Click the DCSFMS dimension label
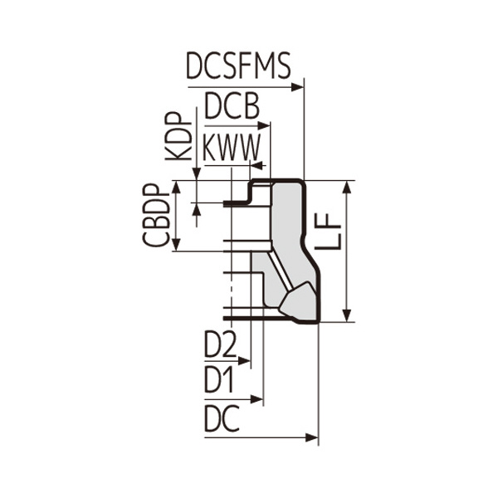pyautogui.click(x=238, y=66)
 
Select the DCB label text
pyautogui.click(x=232, y=106)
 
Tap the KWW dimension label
pyautogui.click(x=232, y=148)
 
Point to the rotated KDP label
pyautogui.click(x=178, y=136)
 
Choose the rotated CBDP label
pyautogui.click(x=156, y=215)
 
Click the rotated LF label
pyautogui.click(x=328, y=231)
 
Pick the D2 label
pyautogui.click(x=221, y=344)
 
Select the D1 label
pyautogui.click(x=219, y=380)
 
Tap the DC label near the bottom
pyautogui.click(x=222, y=418)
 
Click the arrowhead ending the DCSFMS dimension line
pyautogui.click(x=297, y=86)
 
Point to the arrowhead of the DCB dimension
pyautogui.click(x=264, y=126)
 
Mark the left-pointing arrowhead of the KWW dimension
pyautogui.click(x=257, y=165)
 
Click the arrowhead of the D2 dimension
pyautogui.click(x=244, y=361)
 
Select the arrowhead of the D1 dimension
pyautogui.click(x=256, y=399)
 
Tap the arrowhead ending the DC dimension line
pyautogui.click(x=311, y=438)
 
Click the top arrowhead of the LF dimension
pyautogui.click(x=348, y=187)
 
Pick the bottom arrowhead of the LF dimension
pyautogui.click(x=348, y=315)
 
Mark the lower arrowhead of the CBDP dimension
pyautogui.click(x=177, y=245)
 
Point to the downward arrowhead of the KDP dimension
pyautogui.click(x=197, y=174)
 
